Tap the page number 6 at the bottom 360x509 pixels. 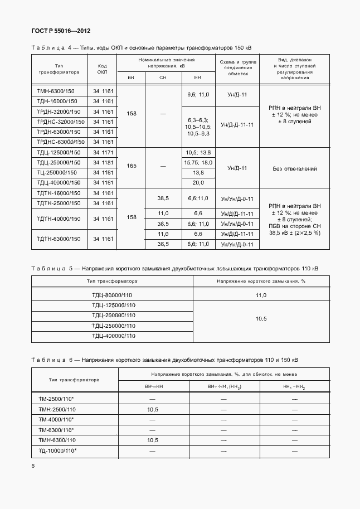click(33, 465)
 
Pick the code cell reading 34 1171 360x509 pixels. click(103, 152)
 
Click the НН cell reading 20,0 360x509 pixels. click(198, 182)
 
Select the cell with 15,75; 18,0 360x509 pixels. click(198, 162)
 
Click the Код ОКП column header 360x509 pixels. click(103, 69)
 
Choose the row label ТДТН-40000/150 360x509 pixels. click(59, 218)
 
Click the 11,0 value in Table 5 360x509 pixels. click(261, 294)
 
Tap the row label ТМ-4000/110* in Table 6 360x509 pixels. click(56, 419)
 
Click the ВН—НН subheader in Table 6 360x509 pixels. click(153, 386)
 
